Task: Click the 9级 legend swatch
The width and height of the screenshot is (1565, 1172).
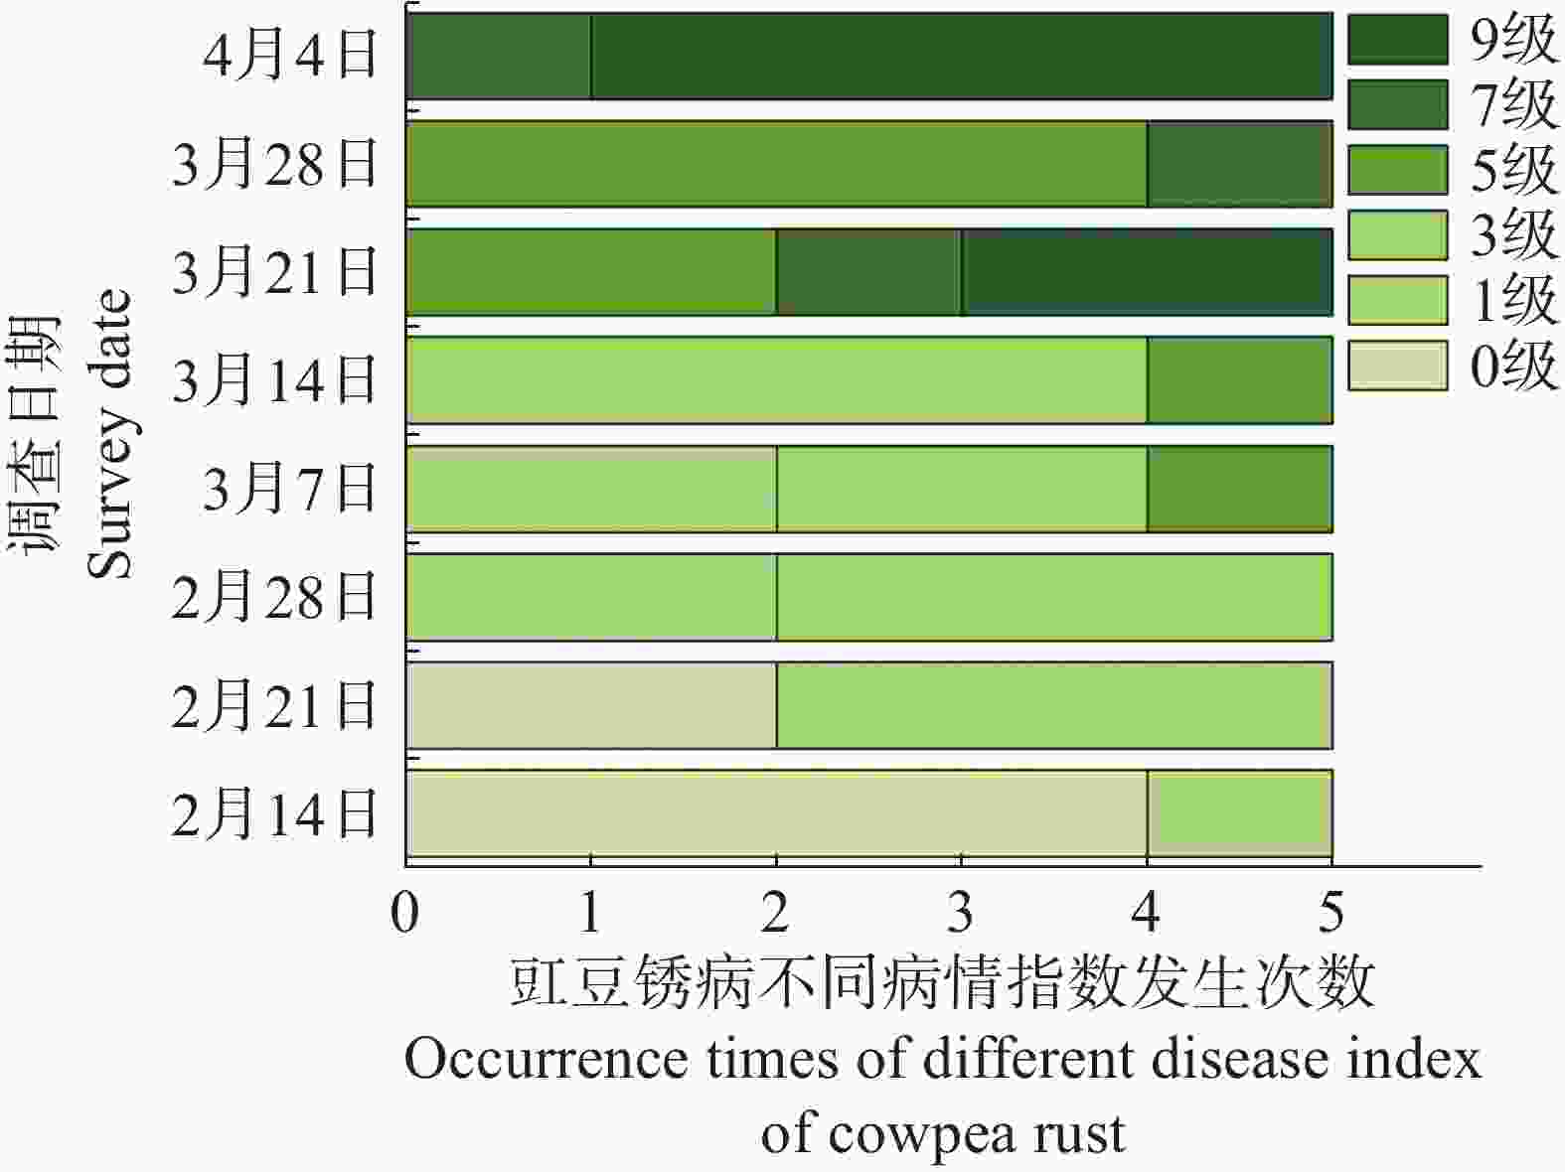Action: point(1396,40)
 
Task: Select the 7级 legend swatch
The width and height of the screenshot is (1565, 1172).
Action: point(1396,104)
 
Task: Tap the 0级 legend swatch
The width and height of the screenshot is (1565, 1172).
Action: point(1396,366)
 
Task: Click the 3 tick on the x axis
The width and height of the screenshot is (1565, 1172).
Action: point(960,912)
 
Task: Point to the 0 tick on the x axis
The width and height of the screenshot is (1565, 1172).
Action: point(405,912)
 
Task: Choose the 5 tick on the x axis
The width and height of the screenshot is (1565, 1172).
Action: point(1330,912)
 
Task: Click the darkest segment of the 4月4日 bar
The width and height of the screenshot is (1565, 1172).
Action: point(961,57)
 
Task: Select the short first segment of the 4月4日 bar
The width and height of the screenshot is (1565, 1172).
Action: point(499,57)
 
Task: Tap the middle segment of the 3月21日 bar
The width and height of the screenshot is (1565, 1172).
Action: point(868,272)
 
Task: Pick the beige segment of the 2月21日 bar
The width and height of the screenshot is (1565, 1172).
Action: point(591,705)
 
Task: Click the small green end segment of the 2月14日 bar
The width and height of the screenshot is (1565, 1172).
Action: point(1239,813)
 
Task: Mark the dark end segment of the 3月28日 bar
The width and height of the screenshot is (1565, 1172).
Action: point(1239,164)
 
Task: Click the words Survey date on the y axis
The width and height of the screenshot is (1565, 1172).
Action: point(109,434)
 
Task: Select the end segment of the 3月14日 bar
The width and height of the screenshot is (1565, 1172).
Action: point(1239,380)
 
